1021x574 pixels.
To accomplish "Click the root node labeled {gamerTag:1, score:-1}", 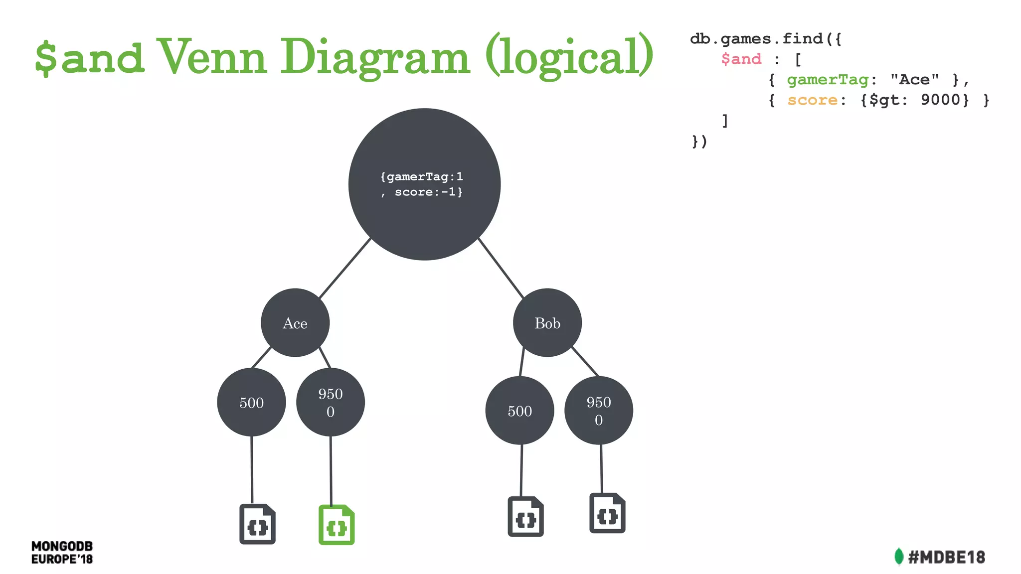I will click(x=424, y=184).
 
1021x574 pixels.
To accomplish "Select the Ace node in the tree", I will click(x=295, y=323).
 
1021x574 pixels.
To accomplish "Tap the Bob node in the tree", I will click(x=547, y=323).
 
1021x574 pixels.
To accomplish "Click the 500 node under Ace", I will click(x=251, y=402).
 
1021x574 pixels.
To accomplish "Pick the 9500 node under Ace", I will click(x=331, y=402).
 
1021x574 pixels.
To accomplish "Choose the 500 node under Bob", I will click(x=519, y=411).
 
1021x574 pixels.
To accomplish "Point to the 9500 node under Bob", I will click(x=599, y=411).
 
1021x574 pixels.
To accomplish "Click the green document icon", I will click(x=337, y=525).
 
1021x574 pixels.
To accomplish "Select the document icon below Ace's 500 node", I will click(x=257, y=524).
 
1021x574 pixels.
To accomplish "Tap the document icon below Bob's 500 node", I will click(x=525, y=517).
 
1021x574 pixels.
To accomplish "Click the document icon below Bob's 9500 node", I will click(x=607, y=513).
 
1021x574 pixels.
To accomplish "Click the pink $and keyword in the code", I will click(x=741, y=59).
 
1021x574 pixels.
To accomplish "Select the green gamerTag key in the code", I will click(x=828, y=80).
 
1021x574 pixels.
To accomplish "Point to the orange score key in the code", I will click(x=812, y=100).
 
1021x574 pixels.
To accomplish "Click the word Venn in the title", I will click(x=212, y=57).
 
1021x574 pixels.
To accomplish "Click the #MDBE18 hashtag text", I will click(x=946, y=557).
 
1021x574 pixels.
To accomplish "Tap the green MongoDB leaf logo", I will click(x=899, y=557).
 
